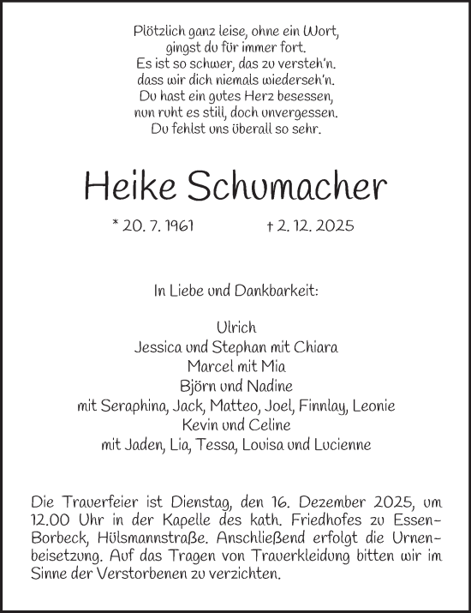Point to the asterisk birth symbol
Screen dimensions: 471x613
tap(116, 224)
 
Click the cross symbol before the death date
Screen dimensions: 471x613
tap(271, 226)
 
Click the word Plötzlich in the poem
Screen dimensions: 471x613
tap(163, 31)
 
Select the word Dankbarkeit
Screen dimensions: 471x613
tap(281, 291)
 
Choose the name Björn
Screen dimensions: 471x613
tap(198, 386)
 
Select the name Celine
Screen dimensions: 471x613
tap(269, 424)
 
